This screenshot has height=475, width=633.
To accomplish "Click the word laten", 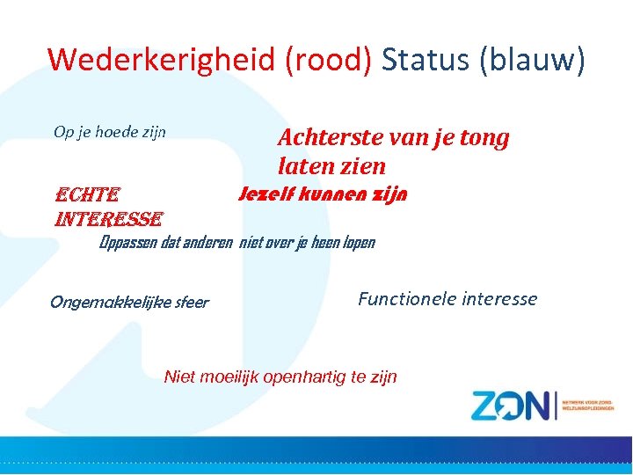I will (304, 165).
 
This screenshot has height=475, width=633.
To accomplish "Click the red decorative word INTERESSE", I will (107, 218).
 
